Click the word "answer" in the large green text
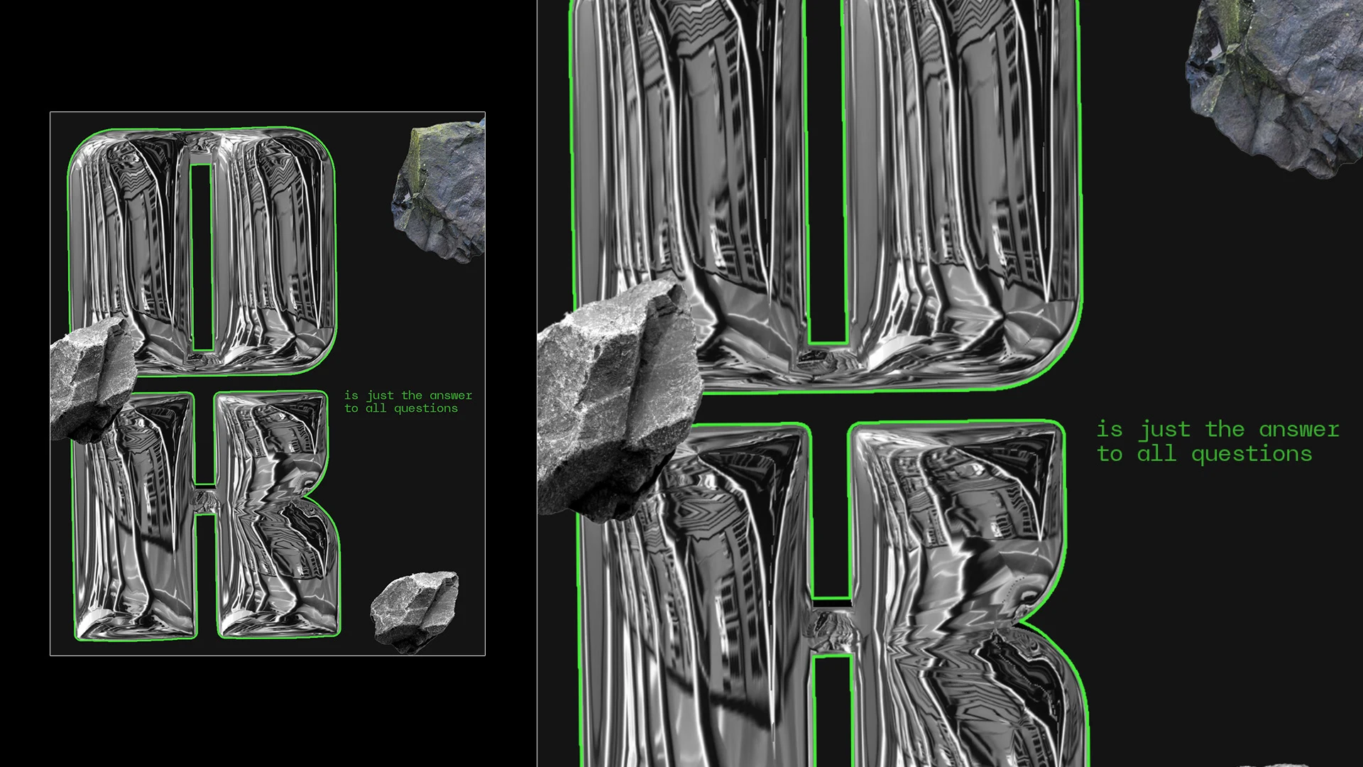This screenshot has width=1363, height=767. [x=1299, y=430]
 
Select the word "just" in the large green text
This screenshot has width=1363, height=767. [x=1165, y=430]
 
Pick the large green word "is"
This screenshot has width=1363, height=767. [x=1110, y=429]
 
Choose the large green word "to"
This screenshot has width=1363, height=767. [x=1110, y=453]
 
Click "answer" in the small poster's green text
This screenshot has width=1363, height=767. [x=451, y=396]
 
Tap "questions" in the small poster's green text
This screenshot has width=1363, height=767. [x=426, y=408]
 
